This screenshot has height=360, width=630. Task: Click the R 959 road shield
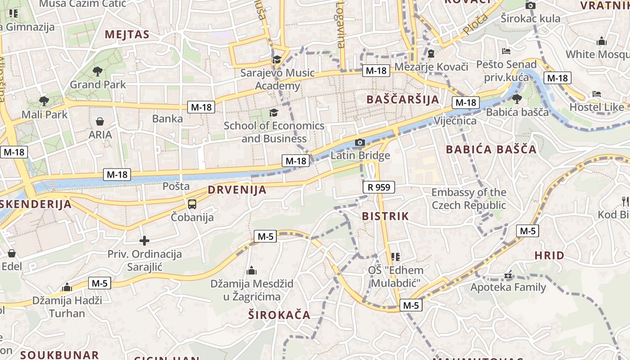point(379,187)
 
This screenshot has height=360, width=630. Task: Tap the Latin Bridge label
point(360,156)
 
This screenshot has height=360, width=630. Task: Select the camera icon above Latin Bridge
point(360,143)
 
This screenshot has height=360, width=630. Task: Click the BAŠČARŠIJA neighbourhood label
point(402,99)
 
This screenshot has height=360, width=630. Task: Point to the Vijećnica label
point(455,121)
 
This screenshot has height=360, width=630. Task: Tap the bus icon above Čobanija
point(192,204)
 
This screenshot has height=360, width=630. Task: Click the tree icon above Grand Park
point(97,71)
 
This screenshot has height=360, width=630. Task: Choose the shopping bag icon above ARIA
point(100,121)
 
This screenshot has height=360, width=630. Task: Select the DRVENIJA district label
point(237,190)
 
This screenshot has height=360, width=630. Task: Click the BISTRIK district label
point(386,216)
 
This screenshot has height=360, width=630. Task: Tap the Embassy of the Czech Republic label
point(469,199)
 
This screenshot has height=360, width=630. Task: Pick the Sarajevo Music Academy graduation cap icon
point(277,60)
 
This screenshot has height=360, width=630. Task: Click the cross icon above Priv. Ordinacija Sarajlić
point(144,241)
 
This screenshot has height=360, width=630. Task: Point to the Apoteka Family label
point(508,287)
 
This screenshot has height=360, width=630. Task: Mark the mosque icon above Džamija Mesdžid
point(252,270)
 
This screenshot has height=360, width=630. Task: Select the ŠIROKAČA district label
point(279,315)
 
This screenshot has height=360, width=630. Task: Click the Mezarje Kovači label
point(431,67)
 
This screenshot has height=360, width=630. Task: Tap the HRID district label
point(549,256)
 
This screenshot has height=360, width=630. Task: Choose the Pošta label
point(176,186)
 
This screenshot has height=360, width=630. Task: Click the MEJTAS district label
point(127,35)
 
